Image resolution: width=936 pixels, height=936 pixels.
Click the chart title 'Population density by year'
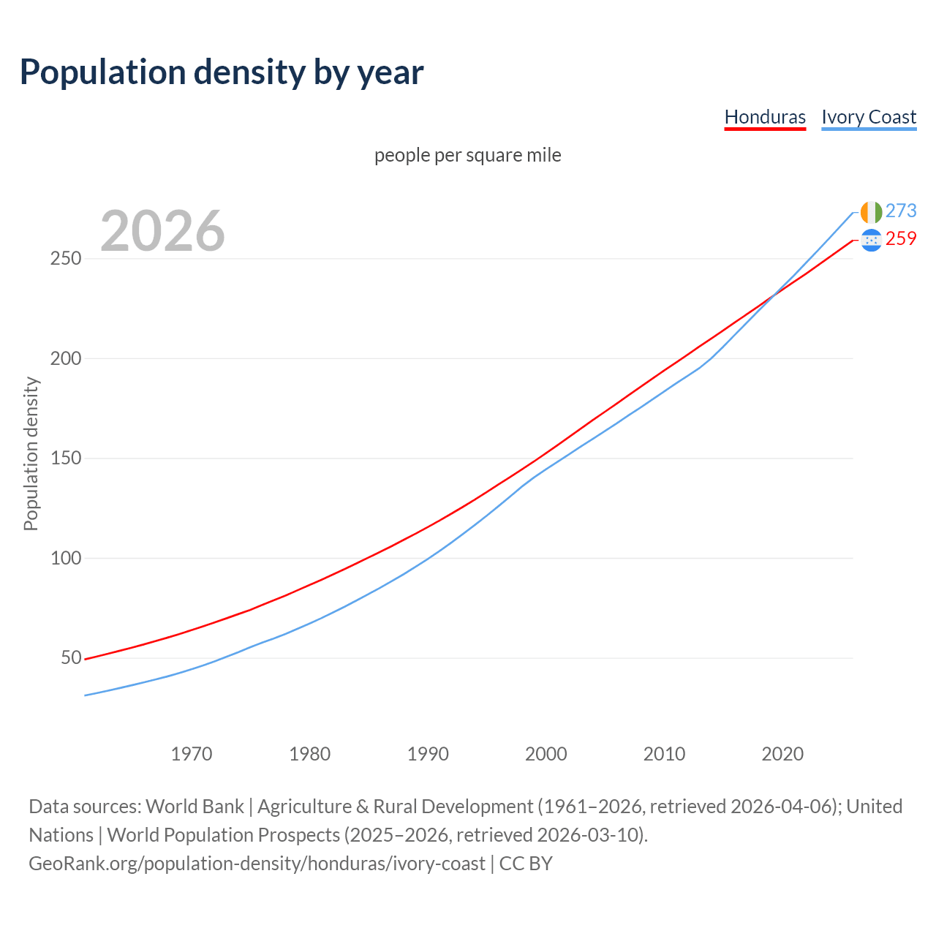(222, 72)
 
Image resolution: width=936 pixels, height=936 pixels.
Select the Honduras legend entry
(765, 117)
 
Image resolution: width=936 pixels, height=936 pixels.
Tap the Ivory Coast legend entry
(869, 117)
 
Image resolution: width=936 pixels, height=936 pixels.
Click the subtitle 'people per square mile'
(467, 155)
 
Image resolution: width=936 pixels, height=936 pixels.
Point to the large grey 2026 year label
(162, 231)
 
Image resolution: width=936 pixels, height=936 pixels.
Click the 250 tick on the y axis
(65, 259)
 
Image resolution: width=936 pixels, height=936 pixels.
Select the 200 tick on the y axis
(65, 359)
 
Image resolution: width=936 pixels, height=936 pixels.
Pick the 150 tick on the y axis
(65, 458)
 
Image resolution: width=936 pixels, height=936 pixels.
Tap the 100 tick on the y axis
(65, 559)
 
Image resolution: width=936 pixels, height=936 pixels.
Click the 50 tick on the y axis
(71, 658)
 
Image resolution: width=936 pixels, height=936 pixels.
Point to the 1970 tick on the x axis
(192, 754)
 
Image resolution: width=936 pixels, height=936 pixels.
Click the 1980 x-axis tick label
(309, 754)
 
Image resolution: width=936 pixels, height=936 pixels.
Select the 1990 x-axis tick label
(428, 754)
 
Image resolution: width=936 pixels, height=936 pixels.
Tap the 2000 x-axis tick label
(546, 754)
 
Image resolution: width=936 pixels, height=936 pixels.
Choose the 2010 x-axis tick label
(664, 754)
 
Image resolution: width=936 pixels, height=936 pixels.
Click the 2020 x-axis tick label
(782, 754)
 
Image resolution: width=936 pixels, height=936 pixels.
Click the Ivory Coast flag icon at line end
(871, 212)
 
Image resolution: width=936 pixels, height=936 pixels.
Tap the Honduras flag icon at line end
(871, 240)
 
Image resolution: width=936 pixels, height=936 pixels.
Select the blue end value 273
(901, 211)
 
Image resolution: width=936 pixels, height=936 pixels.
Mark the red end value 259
(901, 239)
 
